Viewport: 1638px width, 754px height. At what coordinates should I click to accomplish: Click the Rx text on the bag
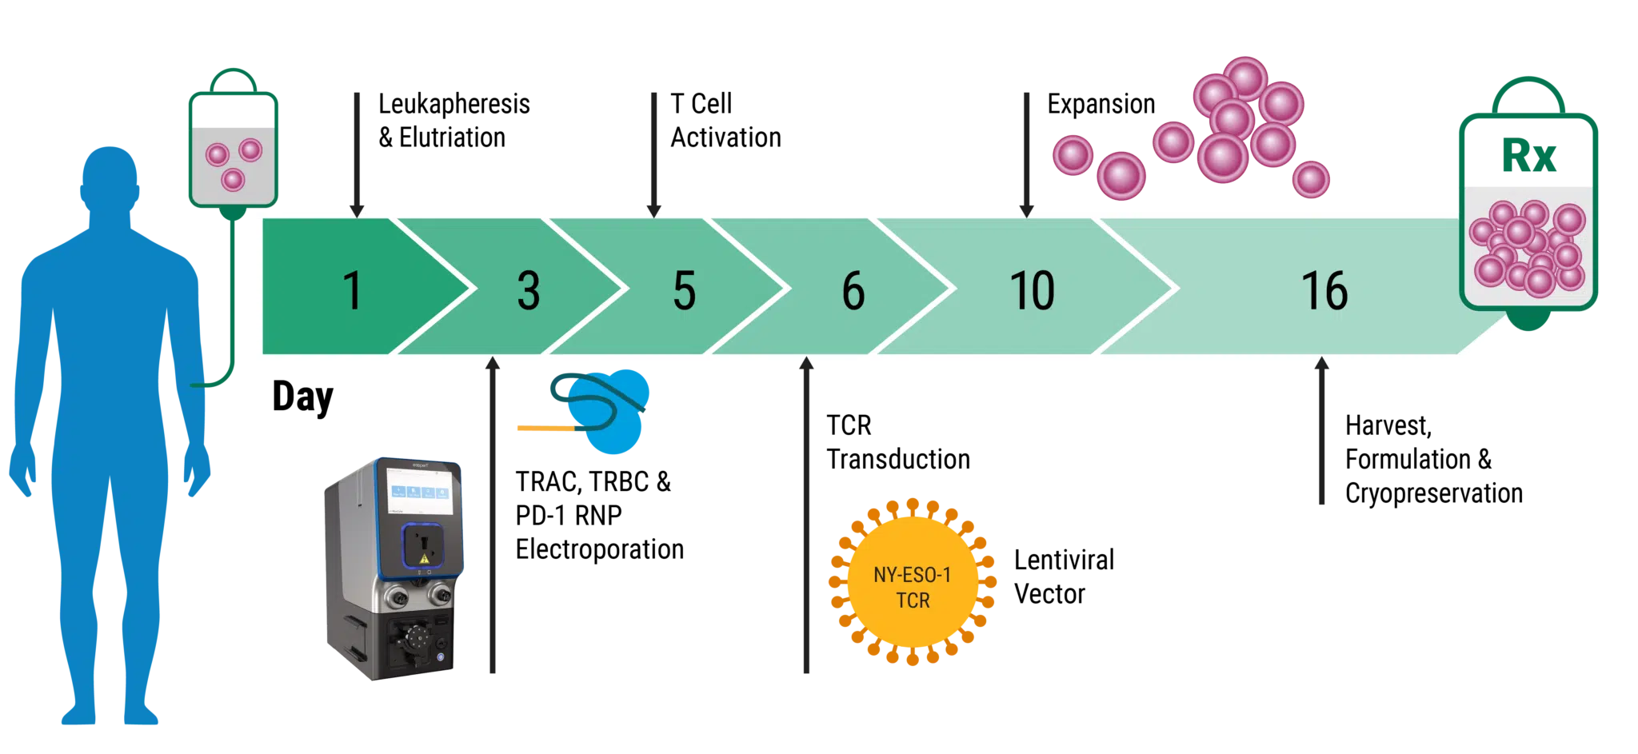[1528, 155]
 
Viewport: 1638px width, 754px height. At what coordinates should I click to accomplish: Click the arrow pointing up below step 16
[1324, 432]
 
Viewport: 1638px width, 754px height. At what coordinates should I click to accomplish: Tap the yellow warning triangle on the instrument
[424, 559]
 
